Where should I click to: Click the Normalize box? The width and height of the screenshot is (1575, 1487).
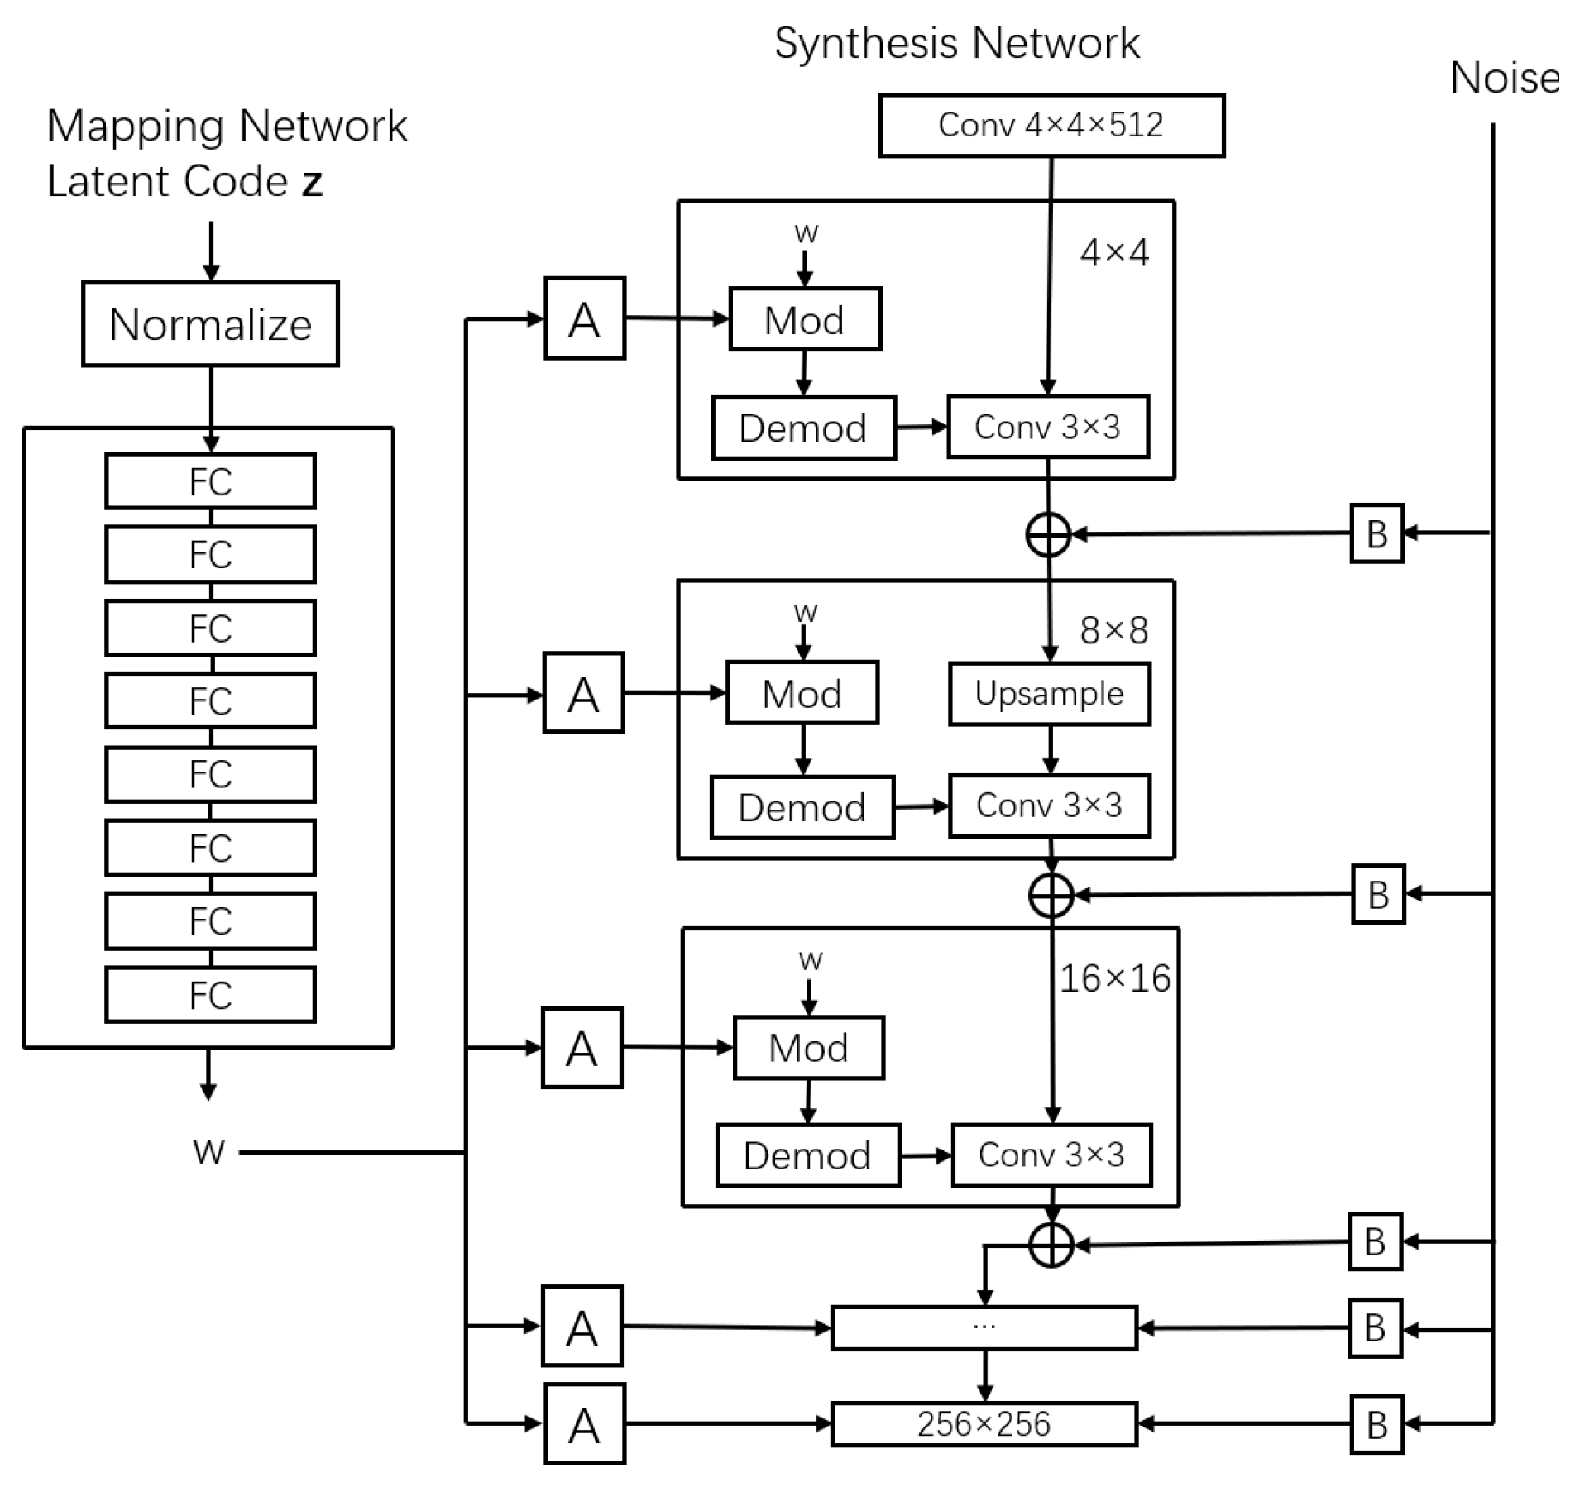[x=210, y=323]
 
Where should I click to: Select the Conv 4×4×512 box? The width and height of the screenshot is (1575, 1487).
[x=1051, y=125]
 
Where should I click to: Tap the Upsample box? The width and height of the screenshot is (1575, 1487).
[x=1049, y=694]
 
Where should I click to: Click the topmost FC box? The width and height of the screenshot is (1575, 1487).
[x=210, y=481]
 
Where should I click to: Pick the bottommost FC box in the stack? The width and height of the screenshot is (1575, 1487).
[x=210, y=994]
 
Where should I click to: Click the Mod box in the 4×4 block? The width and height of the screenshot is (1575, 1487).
[x=804, y=319]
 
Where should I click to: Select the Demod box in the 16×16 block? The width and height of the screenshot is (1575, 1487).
[x=807, y=1155]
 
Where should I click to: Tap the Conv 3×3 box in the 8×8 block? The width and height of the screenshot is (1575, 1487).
[x=1049, y=806]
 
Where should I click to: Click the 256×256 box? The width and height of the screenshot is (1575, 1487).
[x=984, y=1424]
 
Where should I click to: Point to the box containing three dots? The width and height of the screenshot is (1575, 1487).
[x=984, y=1328]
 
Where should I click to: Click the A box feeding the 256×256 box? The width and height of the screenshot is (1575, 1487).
[x=584, y=1424]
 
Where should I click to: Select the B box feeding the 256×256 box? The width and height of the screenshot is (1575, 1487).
[x=1376, y=1424]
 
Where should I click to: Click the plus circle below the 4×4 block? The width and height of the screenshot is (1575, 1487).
[x=1048, y=534]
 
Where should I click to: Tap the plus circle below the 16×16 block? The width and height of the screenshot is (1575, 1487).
[x=1051, y=1245]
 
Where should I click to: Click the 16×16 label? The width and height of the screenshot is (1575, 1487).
[x=1115, y=979]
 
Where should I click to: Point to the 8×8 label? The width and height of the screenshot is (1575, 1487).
[x=1113, y=631]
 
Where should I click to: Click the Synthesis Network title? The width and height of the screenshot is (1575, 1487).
[x=957, y=43]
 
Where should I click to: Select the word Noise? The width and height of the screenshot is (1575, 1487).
[x=1504, y=79]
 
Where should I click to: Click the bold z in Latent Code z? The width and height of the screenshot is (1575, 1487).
[x=312, y=182]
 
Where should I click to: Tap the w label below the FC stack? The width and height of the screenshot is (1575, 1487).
[x=208, y=1151]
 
